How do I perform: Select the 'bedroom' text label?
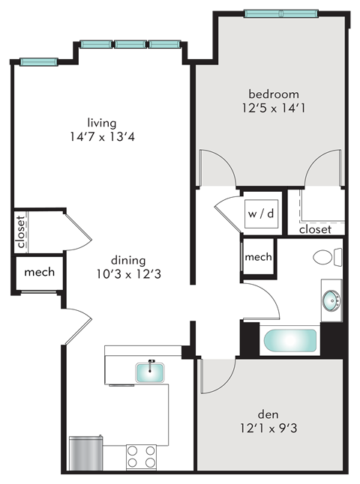pyautogui.click(x=274, y=94)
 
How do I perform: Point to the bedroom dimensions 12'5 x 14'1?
pyautogui.click(x=274, y=109)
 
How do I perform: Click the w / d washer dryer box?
pyautogui.click(x=260, y=213)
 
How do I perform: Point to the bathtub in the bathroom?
pyautogui.click(x=289, y=342)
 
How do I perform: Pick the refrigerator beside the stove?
pyautogui.click(x=85, y=453)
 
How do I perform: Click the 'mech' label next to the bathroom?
pyautogui.click(x=258, y=257)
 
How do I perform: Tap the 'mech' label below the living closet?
pyautogui.click(x=39, y=272)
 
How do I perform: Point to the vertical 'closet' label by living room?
pyautogui.click(x=20, y=232)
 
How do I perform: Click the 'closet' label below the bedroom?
pyautogui.click(x=315, y=229)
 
